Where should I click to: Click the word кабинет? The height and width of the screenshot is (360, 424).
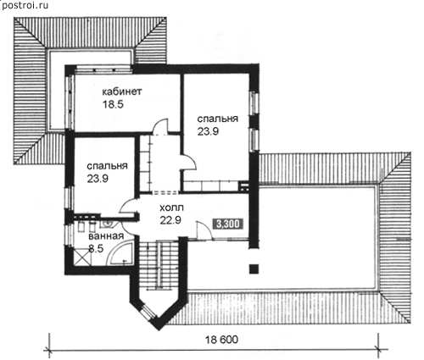tap(121, 92)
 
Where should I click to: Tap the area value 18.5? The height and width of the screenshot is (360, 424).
tap(113, 104)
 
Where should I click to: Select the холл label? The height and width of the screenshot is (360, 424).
tap(171, 208)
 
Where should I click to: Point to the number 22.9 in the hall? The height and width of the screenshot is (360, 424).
tap(170, 220)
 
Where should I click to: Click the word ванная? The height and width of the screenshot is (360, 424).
tap(106, 236)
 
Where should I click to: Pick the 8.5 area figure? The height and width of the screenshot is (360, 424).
tap(96, 248)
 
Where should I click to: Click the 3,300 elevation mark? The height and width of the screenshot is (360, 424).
tap(228, 224)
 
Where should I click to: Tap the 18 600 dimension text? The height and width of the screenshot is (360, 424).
tap(221, 340)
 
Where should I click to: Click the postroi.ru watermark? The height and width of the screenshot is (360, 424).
tap(25, 6)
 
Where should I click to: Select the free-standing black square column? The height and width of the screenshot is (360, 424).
tap(254, 269)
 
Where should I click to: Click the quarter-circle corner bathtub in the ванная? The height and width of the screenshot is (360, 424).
tap(120, 252)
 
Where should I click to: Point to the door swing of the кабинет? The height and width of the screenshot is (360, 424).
tap(160, 126)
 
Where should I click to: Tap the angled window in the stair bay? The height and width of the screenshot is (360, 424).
tap(148, 312)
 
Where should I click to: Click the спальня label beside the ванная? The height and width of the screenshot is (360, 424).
tap(107, 166)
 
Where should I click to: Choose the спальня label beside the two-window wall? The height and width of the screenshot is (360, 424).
tap(217, 119)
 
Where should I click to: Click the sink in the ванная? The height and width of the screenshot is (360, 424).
tap(108, 223)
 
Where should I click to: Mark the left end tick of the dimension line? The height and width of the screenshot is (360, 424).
tap(50, 350)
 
